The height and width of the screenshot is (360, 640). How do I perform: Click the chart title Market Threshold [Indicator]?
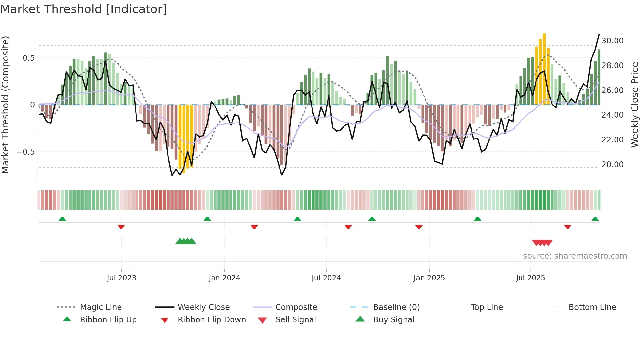coord(84,9)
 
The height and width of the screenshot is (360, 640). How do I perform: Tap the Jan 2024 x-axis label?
coord(224,278)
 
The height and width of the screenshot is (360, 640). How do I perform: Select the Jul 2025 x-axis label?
coord(530,278)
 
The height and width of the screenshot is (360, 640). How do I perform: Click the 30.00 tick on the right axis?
coord(612,41)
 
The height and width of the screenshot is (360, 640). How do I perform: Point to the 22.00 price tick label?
coord(612,140)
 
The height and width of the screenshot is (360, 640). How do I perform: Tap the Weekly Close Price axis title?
coord(634,105)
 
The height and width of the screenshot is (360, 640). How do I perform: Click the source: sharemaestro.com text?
coord(575,256)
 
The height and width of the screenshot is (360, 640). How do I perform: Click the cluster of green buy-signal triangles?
coord(186,241)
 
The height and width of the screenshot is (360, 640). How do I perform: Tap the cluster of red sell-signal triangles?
coord(542,243)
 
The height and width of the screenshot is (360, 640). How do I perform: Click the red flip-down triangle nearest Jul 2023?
coord(121,227)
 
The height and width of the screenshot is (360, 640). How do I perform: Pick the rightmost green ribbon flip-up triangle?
coord(595,219)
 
